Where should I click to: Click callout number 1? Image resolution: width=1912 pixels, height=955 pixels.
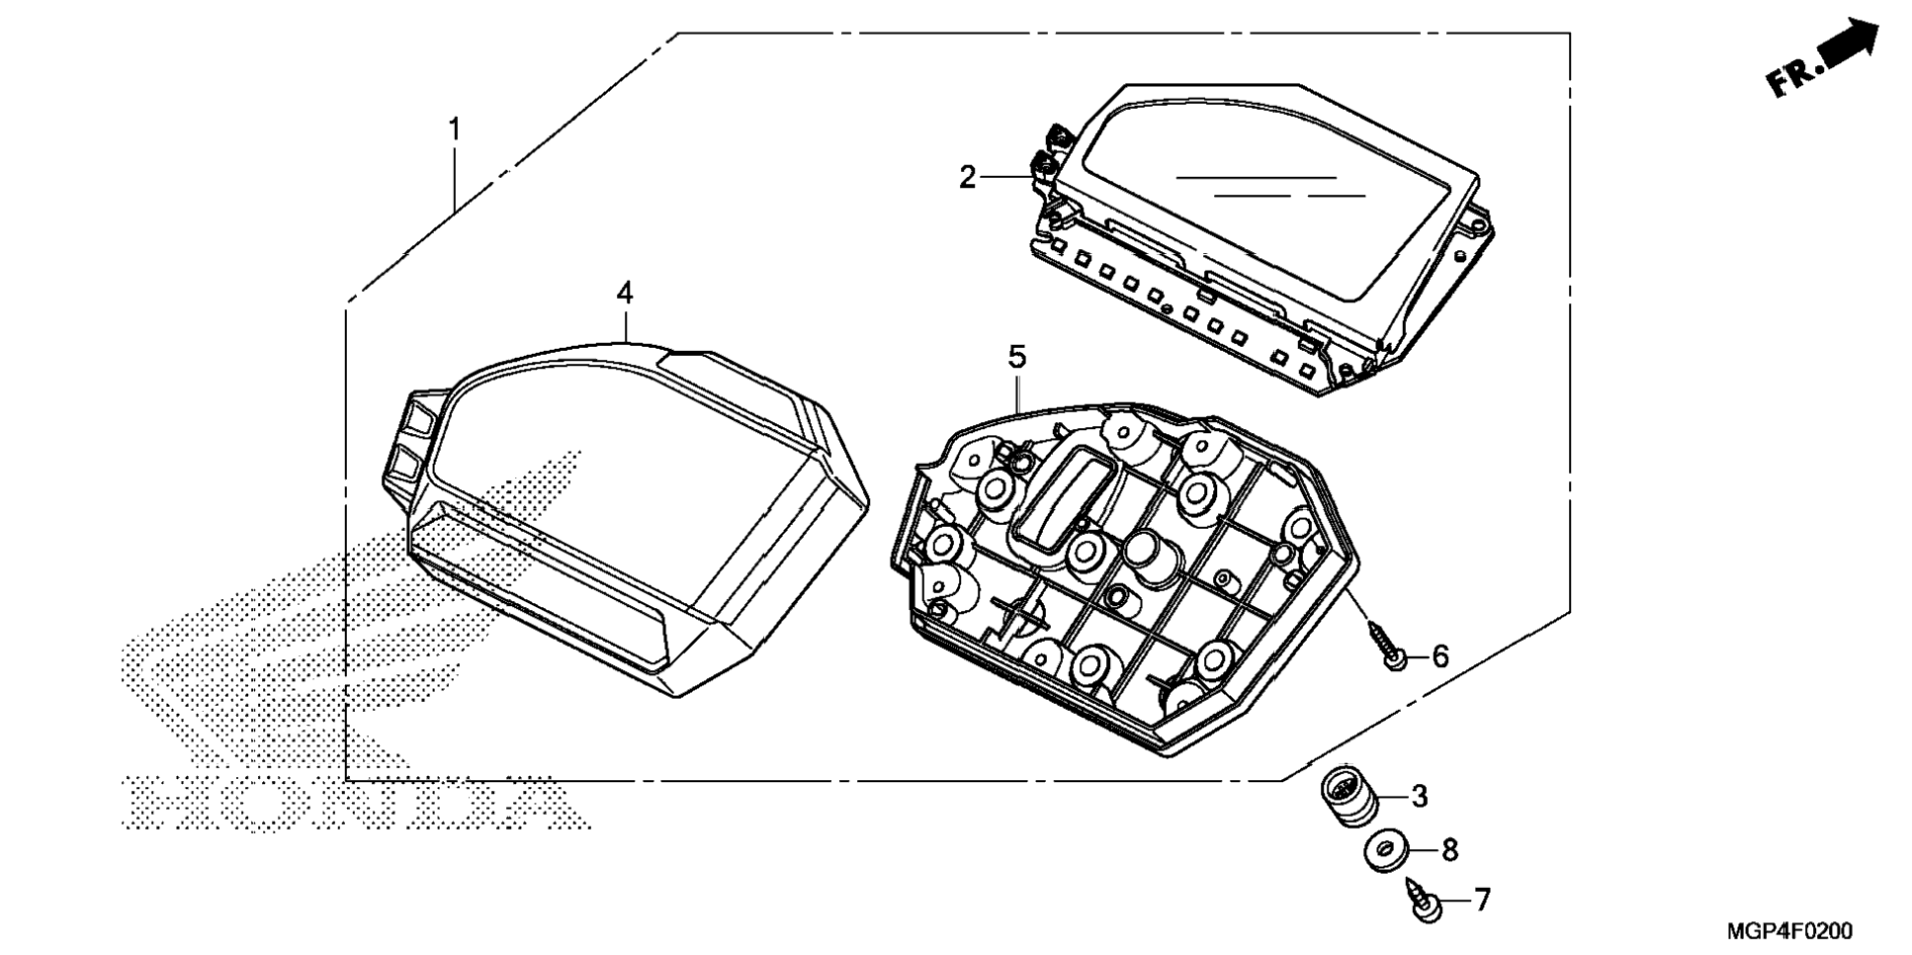[x=455, y=130]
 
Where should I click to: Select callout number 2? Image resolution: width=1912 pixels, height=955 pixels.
[x=967, y=178]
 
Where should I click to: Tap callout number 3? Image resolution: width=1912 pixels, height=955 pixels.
[x=1420, y=796]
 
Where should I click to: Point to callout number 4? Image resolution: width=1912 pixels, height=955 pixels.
[x=625, y=293]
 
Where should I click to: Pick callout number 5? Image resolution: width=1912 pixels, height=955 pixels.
[x=1017, y=357]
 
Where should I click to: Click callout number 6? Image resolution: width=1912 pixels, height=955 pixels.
[x=1440, y=655]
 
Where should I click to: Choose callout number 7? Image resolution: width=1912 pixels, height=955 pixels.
[x=1481, y=900]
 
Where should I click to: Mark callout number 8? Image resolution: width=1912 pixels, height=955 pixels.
[x=1449, y=849]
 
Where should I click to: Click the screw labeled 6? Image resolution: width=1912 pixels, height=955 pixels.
[x=1386, y=645]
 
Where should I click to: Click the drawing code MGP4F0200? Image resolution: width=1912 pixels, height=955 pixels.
[x=1789, y=930]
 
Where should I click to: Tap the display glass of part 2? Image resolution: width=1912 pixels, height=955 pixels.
[x=1275, y=198]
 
